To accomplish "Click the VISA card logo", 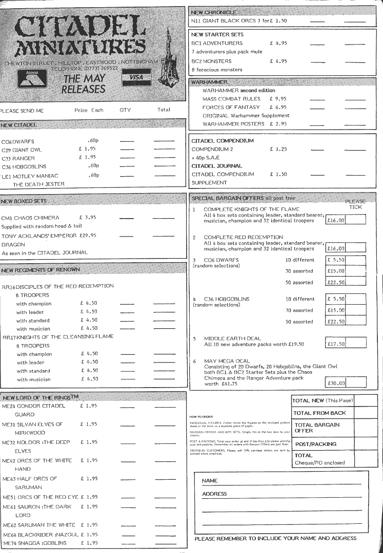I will click(136, 77).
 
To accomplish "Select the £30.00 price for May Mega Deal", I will click(336, 382).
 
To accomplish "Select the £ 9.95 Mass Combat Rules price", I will click(278, 98).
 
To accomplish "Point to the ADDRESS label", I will click(214, 494).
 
